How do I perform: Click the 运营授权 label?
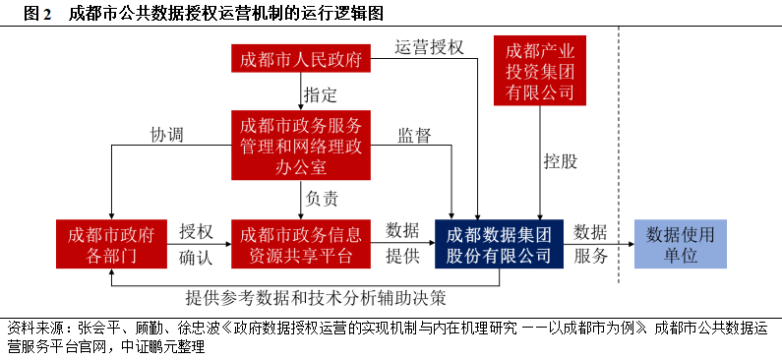click(x=429, y=47)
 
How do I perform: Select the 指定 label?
click(x=321, y=95)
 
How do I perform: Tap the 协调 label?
click(x=167, y=135)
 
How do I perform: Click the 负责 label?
click(x=322, y=198)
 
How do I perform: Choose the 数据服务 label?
click(x=590, y=243)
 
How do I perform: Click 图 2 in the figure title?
click(x=35, y=13)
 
